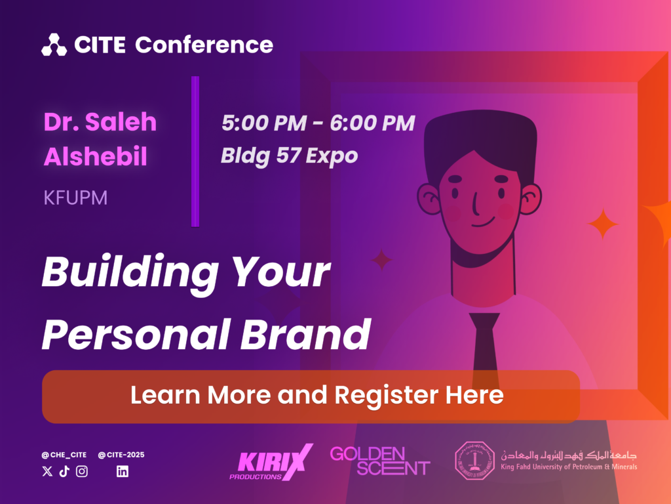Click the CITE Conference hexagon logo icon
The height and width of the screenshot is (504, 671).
54,45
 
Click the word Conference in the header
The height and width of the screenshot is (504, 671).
204,45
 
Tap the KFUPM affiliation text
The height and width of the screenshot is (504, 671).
75,198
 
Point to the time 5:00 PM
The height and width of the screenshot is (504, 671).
264,123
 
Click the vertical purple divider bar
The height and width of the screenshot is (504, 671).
195,152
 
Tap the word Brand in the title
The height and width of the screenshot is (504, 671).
305,334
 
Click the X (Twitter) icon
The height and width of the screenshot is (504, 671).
47,471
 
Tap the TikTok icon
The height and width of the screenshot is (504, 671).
64,471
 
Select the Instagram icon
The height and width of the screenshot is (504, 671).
82,471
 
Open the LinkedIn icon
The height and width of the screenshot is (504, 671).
123,471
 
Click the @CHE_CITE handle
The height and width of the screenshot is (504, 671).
64,455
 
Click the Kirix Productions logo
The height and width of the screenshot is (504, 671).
271,462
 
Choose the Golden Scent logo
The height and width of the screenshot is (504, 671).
380,461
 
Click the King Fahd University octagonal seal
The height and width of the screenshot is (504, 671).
474,461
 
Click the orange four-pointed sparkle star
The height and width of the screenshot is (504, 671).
603,224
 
